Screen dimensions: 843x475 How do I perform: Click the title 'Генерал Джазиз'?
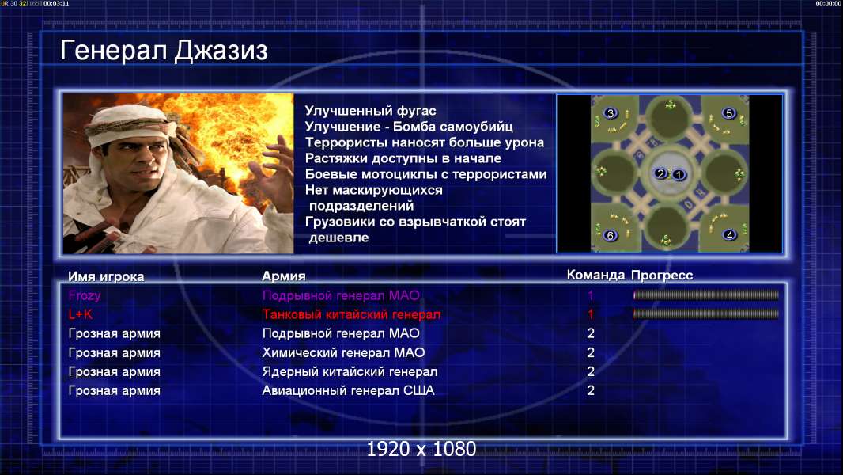coord(164,51)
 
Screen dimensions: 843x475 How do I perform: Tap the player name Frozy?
coord(85,295)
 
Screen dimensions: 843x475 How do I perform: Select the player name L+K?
coord(80,314)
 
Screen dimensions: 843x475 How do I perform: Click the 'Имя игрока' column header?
coord(106,276)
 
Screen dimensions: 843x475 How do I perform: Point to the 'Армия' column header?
coord(284,276)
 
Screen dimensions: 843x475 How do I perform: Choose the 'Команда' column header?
coord(595,275)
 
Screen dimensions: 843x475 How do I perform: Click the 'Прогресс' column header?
coord(662,275)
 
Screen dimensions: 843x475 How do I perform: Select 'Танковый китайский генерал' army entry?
coord(351,314)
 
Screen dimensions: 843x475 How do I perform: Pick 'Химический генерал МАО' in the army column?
coord(343,352)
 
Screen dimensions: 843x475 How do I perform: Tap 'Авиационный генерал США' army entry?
coord(349,390)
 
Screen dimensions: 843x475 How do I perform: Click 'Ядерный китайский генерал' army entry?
coord(350,372)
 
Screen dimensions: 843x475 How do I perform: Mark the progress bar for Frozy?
coord(705,294)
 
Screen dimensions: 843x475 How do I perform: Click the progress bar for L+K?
coord(705,313)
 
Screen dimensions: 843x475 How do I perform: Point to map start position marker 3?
coord(611,113)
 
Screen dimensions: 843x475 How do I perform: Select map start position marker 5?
coord(728,113)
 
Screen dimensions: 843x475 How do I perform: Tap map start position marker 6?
coord(610,235)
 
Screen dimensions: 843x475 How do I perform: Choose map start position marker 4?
coord(730,234)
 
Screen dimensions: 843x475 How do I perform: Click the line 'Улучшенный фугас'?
coord(370,111)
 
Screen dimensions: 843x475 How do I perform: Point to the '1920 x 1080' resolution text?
coord(421,449)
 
